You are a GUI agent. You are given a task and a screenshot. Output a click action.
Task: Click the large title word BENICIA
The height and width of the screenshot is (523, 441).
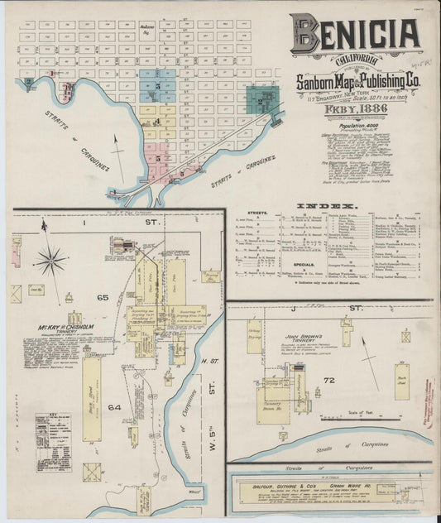tap(354, 34)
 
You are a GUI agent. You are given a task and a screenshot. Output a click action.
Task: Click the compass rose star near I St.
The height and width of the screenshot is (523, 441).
tap(51, 261)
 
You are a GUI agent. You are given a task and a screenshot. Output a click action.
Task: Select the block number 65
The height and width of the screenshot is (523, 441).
tap(103, 319)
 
